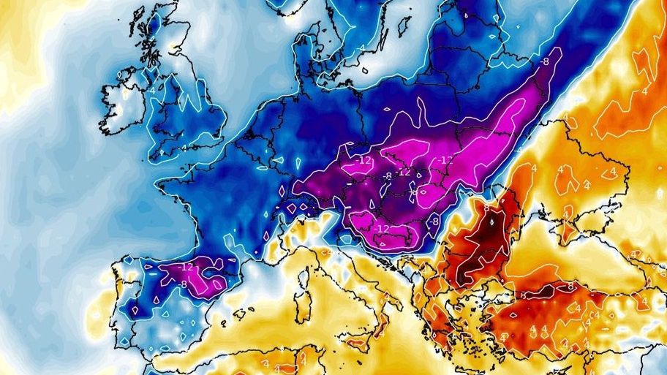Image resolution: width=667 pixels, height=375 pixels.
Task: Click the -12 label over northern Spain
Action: pos(186,267)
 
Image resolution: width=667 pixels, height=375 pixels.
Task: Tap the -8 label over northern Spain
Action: pos(184,284)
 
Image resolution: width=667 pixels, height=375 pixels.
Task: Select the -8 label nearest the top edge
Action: pos(544,62)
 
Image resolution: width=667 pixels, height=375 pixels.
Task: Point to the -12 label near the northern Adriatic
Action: pos(383,228)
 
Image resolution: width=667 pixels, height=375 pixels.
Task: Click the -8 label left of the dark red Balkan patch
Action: pos(434,220)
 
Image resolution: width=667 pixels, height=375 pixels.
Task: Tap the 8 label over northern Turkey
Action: pos(571,287)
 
